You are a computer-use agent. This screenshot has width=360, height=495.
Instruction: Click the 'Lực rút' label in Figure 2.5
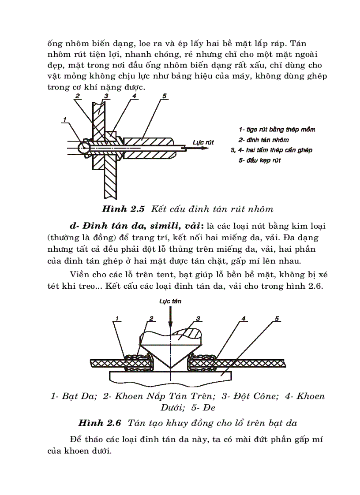(203, 142)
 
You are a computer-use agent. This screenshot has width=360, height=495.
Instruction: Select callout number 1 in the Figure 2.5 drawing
(64, 119)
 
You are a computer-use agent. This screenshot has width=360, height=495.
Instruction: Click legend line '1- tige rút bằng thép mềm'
(277, 130)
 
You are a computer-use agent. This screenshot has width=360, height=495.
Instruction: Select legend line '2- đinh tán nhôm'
(264, 140)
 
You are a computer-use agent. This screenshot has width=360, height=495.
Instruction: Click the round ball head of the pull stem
(83, 148)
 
